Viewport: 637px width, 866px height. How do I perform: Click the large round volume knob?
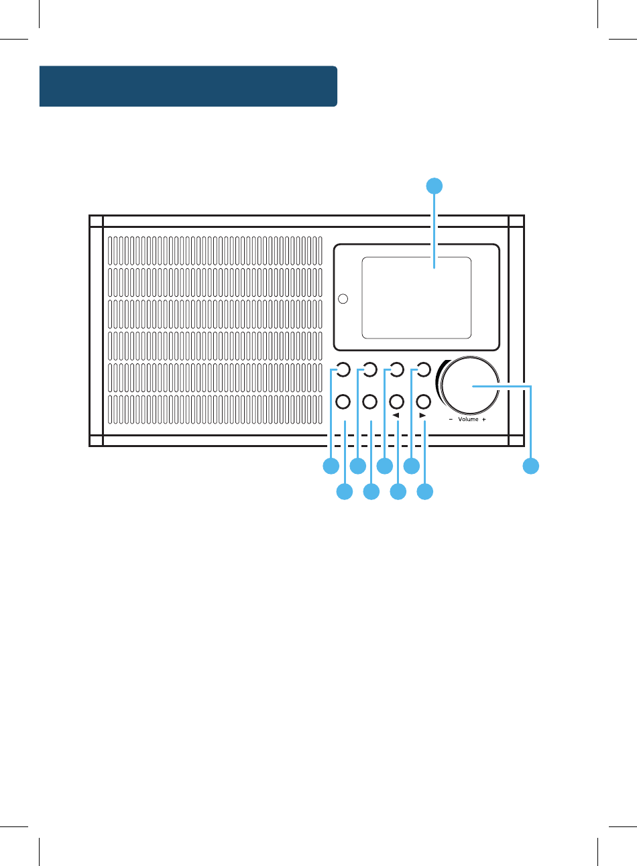point(469,387)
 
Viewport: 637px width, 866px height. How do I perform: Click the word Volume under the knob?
point(468,420)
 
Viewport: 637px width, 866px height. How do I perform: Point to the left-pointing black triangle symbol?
point(396,416)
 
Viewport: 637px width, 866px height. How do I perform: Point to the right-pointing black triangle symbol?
point(422,416)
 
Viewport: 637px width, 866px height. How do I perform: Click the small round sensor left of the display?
point(343,298)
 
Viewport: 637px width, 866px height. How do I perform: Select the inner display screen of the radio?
point(416,298)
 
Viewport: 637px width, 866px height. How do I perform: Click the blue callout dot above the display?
point(435,186)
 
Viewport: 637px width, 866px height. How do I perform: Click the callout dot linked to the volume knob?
point(531,466)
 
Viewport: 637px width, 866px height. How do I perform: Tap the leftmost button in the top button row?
point(342,369)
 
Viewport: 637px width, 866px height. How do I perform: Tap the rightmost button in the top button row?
point(423,369)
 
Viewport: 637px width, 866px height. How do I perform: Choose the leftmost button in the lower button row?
point(342,401)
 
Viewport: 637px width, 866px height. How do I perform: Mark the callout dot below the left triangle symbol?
point(398,493)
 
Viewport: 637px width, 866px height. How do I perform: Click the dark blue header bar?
point(188,86)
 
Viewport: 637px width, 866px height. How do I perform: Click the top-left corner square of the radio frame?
point(97,222)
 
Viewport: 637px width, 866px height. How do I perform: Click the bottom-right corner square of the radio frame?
point(516,440)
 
